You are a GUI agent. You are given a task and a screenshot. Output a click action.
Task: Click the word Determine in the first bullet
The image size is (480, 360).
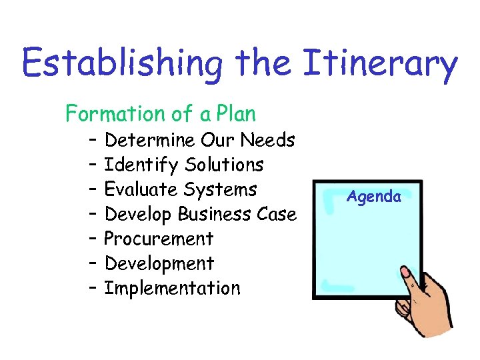(150, 140)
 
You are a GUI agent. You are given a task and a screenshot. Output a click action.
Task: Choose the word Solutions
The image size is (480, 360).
(225, 165)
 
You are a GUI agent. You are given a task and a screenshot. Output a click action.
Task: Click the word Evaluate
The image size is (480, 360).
(142, 189)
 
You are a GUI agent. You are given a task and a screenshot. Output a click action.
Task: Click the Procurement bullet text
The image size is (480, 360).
(159, 239)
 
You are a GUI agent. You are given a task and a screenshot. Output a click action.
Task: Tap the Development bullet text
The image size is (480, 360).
(159, 263)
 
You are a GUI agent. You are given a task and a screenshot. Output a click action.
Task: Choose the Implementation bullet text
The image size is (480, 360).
(173, 288)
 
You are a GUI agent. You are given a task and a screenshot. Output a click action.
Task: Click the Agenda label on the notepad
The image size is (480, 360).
(374, 197)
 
